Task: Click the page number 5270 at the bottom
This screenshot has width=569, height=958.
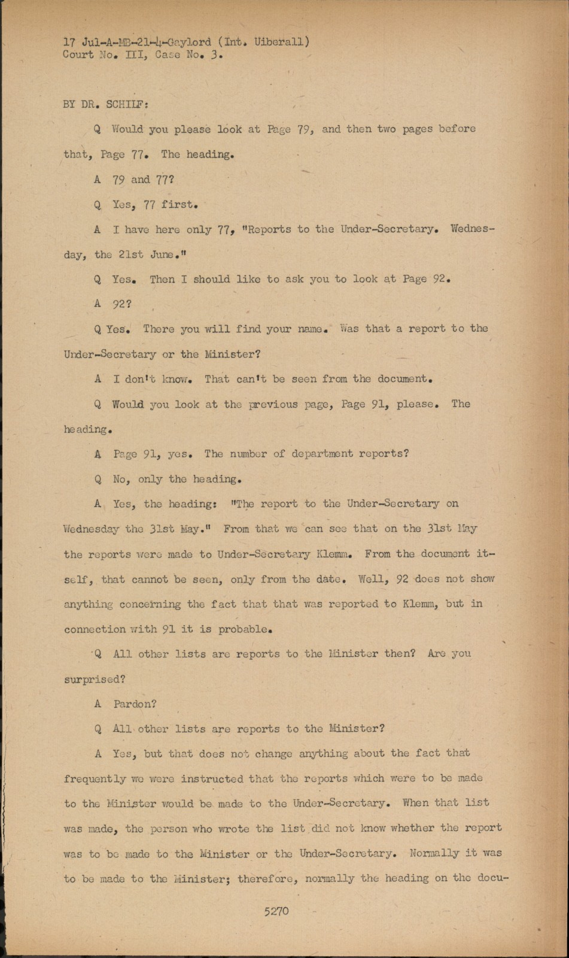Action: [276, 911]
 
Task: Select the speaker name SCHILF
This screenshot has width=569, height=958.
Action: [127, 104]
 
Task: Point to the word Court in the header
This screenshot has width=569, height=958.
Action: [78, 55]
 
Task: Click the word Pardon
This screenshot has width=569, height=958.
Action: [135, 704]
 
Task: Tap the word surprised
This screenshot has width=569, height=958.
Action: [92, 680]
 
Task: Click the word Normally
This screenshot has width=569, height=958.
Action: [434, 853]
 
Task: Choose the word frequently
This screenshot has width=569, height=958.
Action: [95, 779]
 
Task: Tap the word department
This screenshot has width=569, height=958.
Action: [322, 454]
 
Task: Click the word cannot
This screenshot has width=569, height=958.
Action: [150, 579]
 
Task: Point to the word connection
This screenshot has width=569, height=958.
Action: [95, 629]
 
